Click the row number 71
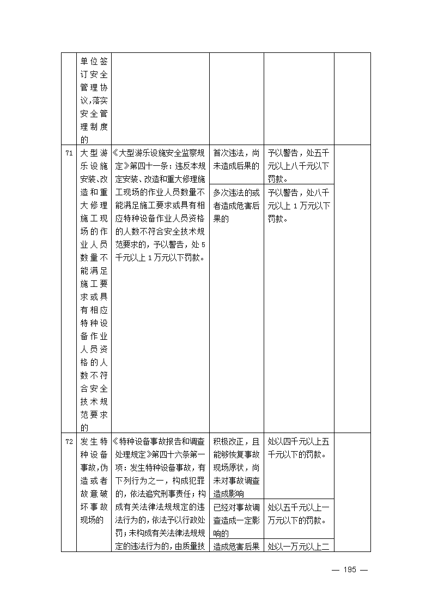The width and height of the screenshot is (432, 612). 69,153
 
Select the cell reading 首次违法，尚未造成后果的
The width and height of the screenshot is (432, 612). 236,159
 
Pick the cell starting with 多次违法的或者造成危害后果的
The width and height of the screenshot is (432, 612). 236,206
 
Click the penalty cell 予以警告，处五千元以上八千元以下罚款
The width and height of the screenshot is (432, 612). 299,165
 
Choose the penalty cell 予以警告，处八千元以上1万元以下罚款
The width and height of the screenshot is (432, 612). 299,206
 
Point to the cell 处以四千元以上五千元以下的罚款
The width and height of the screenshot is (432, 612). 299,447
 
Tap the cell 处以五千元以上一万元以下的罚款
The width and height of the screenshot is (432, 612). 299,514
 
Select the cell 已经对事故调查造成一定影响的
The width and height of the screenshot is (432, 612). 236,520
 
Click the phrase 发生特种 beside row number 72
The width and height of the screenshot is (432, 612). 94,441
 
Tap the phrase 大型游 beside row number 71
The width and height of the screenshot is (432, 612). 94,153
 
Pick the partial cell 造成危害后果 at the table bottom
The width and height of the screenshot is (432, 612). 236,547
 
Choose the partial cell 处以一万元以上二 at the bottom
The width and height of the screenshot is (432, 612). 299,547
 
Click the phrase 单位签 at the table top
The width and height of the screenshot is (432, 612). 94,62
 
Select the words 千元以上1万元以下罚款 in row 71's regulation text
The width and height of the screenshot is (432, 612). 154,258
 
